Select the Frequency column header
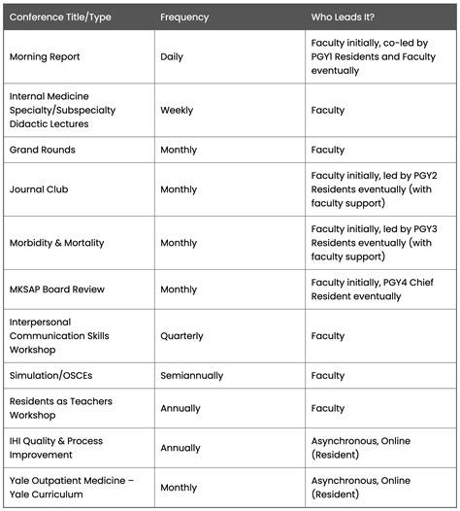(x=184, y=17)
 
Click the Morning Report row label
(x=45, y=57)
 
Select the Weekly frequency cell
(x=178, y=111)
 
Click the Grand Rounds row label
(x=42, y=151)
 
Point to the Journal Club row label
(x=39, y=190)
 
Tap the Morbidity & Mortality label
(x=56, y=243)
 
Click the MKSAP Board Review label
(x=56, y=290)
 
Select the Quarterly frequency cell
(x=181, y=336)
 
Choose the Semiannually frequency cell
(x=191, y=375)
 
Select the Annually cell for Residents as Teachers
(x=181, y=408)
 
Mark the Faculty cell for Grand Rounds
(x=327, y=151)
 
